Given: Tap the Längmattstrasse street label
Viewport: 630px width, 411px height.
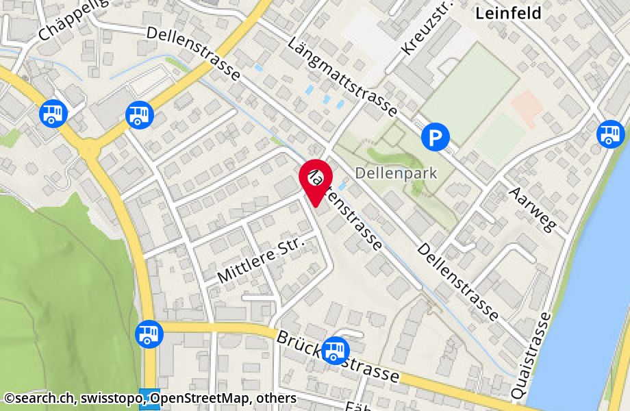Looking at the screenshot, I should [x=344, y=67].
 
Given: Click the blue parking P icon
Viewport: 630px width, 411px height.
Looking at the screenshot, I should [x=435, y=138].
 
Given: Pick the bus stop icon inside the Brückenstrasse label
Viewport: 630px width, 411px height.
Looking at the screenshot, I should [x=335, y=350].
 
